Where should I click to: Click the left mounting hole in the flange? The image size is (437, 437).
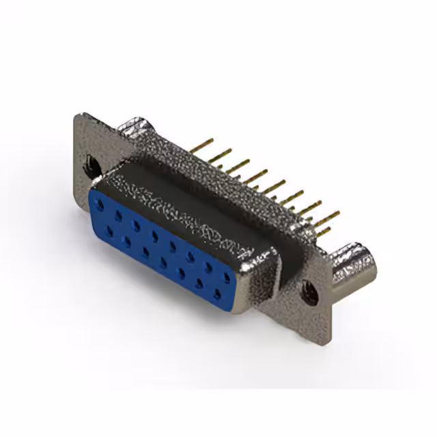[91, 164]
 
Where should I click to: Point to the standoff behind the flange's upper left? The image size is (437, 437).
[137, 126]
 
